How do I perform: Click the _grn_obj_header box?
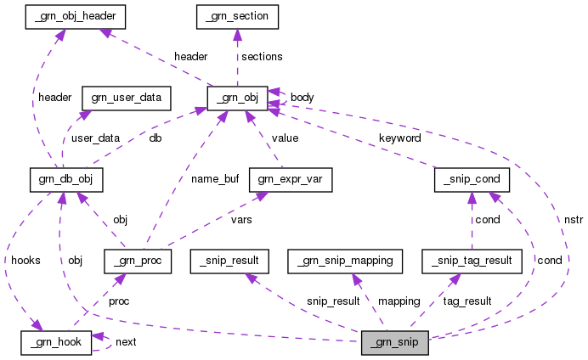pyautogui.click(x=65, y=15)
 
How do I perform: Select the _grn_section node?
pyautogui.click(x=237, y=15)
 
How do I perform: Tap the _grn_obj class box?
pyautogui.click(x=238, y=97)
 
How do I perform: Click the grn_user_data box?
pyautogui.click(x=126, y=97)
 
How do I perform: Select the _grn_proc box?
pyautogui.click(x=137, y=260)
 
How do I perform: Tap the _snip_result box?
pyautogui.click(x=229, y=260)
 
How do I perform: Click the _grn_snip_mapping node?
pyautogui.click(x=344, y=260)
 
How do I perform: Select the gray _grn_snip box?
pyautogui.click(x=394, y=342)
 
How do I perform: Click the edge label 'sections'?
pyautogui.click(x=262, y=56)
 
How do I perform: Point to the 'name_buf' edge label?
pyautogui.click(x=213, y=178)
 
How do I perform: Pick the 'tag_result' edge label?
pyautogui.click(x=467, y=301)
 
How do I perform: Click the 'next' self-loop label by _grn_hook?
pyautogui.click(x=125, y=341)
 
